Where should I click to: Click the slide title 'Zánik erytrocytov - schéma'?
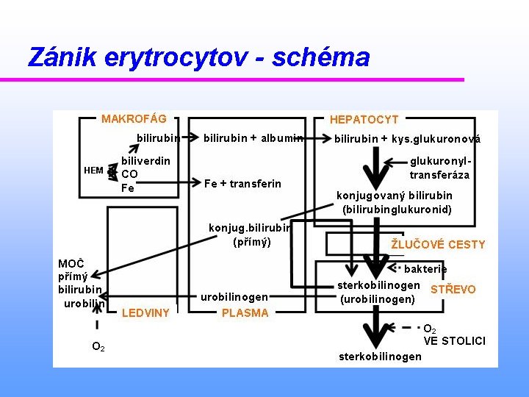click(x=198, y=57)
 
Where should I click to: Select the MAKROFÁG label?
click(x=134, y=118)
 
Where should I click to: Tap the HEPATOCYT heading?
click(x=364, y=119)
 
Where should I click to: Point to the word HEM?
click(x=93, y=171)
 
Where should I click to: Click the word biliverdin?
click(x=145, y=160)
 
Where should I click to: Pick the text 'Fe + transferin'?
click(x=242, y=184)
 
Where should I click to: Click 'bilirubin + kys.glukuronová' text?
click(x=407, y=138)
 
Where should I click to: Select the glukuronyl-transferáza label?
click(x=439, y=168)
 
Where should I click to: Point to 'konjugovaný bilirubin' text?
click(x=394, y=196)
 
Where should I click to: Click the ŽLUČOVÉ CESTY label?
click(x=438, y=244)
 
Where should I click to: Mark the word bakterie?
click(x=425, y=269)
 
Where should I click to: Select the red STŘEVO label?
click(x=453, y=290)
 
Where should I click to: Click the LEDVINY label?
click(x=145, y=313)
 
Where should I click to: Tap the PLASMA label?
click(x=245, y=313)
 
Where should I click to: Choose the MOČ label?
click(x=71, y=264)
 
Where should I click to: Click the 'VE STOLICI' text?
click(x=454, y=340)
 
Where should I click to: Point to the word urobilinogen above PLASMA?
click(x=234, y=297)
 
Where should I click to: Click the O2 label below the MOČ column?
click(x=98, y=346)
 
